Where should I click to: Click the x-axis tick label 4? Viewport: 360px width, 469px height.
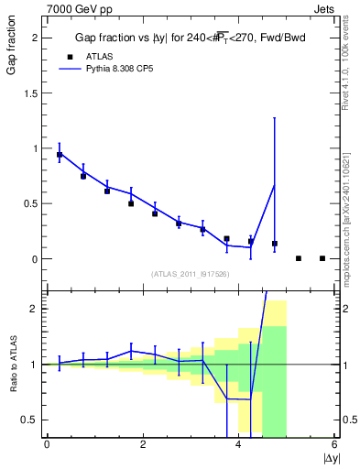point(239,445)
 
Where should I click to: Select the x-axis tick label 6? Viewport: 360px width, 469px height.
point(334,445)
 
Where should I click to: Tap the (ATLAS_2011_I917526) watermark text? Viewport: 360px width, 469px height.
point(189,273)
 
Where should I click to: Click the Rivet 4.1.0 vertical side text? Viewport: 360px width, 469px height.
point(353,55)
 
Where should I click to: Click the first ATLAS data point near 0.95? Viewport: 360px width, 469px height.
point(60,155)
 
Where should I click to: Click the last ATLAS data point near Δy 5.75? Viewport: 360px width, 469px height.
point(322,258)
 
